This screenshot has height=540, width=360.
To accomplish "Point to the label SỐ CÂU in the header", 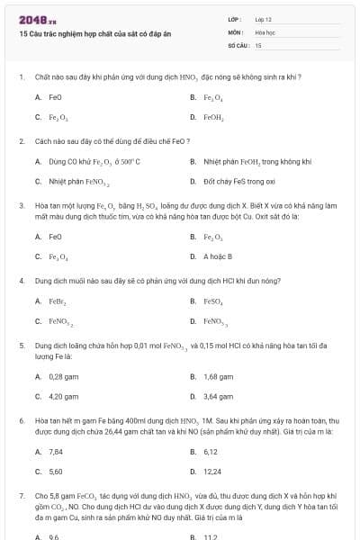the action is click(x=238, y=44).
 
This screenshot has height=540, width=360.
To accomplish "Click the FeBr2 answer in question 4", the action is click(x=58, y=301).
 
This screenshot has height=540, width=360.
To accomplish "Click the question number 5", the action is click(x=21, y=346).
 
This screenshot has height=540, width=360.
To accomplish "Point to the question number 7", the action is click(x=21, y=495).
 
